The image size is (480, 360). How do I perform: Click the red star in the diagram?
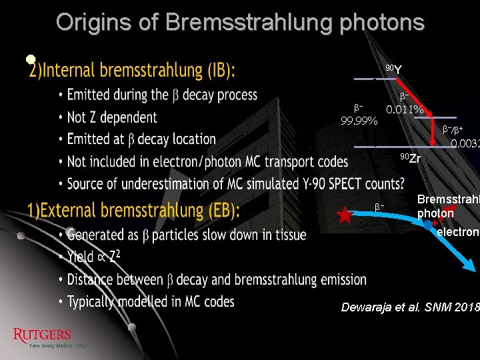tap(345, 215)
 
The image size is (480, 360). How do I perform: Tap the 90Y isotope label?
tap(393, 69)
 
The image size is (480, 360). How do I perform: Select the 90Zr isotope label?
tap(410, 158)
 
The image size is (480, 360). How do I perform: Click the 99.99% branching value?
tap(359, 121)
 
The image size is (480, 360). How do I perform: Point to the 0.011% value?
tap(405, 109)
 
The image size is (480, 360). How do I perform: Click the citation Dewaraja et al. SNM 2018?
tap(409, 307)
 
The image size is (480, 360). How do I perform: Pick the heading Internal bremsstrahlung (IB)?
tap(132, 70)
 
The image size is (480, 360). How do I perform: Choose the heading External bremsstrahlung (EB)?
tap(133, 211)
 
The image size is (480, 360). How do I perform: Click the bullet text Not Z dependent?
tap(112, 117)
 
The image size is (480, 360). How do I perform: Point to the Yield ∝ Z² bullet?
tap(93, 257)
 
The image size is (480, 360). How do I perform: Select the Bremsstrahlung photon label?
tap(447, 207)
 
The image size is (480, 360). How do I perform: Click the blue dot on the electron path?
tap(427, 224)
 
